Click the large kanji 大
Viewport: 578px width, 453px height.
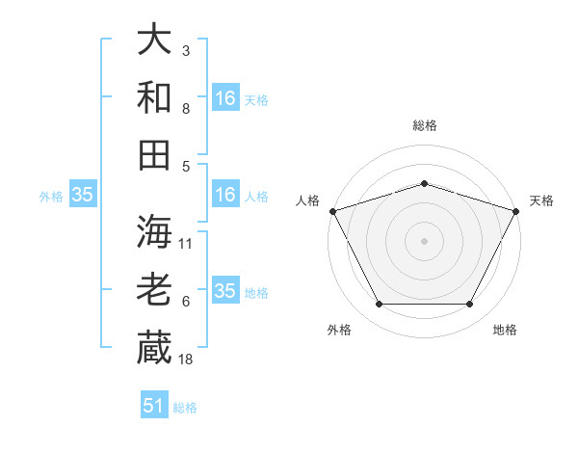pos(154,40)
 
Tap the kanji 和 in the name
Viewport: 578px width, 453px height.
pos(154,97)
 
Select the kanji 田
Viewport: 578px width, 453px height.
pos(154,154)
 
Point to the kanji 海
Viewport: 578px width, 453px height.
pos(154,232)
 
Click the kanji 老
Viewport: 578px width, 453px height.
pos(154,290)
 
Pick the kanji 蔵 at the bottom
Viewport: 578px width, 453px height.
pos(154,348)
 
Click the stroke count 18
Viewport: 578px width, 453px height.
pos(186,360)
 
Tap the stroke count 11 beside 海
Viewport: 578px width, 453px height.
pos(186,244)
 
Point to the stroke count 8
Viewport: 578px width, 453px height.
pos(185,109)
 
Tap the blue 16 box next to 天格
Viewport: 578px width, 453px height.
pos(225,97)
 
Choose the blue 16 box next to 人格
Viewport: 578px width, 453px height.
pos(225,195)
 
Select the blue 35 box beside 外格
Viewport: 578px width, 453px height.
pos(82,195)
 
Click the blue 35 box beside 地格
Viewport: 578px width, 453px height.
pos(225,291)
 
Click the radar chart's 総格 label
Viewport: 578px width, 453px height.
pos(424,125)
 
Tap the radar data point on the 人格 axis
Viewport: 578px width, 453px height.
pos(332,210)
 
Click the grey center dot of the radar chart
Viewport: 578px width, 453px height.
pos(424,240)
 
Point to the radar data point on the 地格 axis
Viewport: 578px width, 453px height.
pos(470,305)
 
